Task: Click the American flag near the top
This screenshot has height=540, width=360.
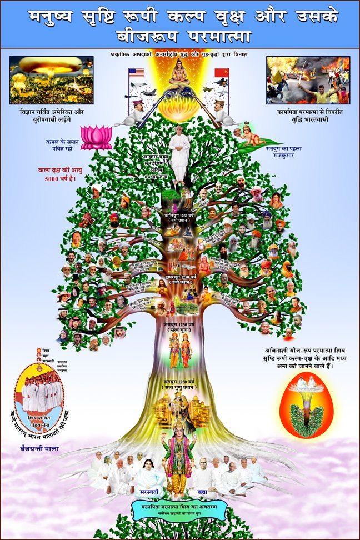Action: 136,72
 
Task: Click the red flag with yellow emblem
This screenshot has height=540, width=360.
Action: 222,73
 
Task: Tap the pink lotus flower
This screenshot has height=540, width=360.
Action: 96,137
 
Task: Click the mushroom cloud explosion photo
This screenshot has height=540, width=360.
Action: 51,80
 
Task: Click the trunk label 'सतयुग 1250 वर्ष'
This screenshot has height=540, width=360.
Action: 179,382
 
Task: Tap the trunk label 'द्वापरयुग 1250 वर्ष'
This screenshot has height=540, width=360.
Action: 179,276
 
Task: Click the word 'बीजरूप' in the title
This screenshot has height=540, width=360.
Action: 147,37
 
